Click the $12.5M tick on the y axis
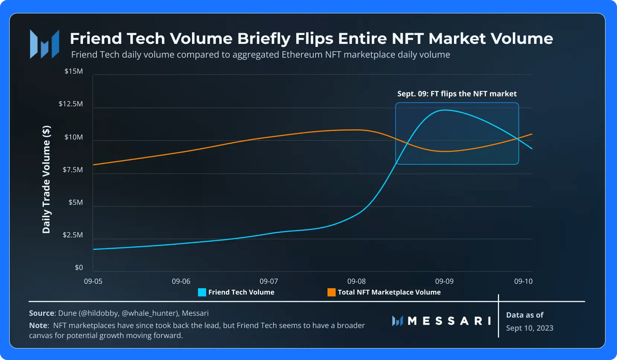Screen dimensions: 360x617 point(71,104)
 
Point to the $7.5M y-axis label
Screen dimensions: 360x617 point(73,170)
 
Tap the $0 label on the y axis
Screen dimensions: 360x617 point(79,267)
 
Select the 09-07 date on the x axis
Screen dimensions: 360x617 point(269,281)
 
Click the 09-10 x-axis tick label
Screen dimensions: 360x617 point(523,281)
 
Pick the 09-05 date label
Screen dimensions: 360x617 point(93,281)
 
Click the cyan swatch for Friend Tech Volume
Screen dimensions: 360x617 point(202,292)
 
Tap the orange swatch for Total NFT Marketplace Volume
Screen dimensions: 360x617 point(331,292)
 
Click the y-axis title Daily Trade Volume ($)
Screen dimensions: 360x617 point(46,179)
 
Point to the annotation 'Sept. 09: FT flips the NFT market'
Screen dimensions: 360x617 point(457,94)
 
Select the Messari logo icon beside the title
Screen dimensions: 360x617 point(45,44)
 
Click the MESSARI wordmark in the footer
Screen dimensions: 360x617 point(449,321)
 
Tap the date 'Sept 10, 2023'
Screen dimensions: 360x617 point(530,328)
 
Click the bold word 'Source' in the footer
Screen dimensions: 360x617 point(41,313)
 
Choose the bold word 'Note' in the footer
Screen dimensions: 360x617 point(38,325)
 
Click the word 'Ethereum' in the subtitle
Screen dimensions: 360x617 point(302,55)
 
